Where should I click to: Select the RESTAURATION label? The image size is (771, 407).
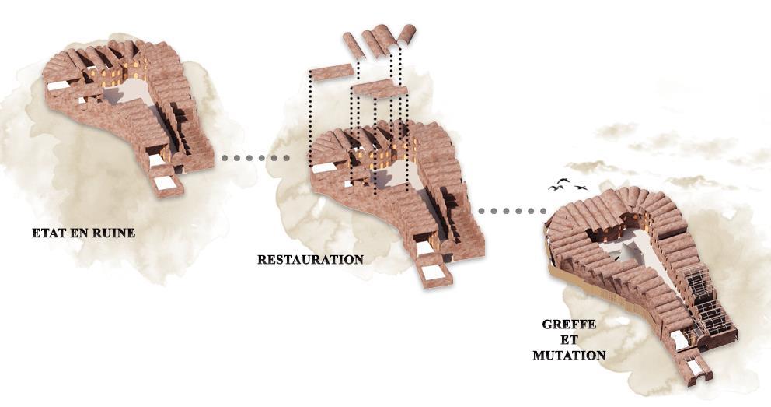pos(310,259)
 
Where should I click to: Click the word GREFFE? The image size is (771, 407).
pos(569,324)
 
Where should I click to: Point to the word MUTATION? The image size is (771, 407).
pos(569,355)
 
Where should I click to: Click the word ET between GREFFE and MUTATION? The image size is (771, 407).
pos(569,339)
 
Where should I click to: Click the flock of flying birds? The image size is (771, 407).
pos(568,184)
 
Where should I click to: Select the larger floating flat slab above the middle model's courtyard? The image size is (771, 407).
pos(379,89)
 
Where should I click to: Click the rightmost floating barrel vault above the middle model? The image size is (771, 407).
pos(406,34)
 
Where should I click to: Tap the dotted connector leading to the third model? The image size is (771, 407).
pos(511,211)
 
